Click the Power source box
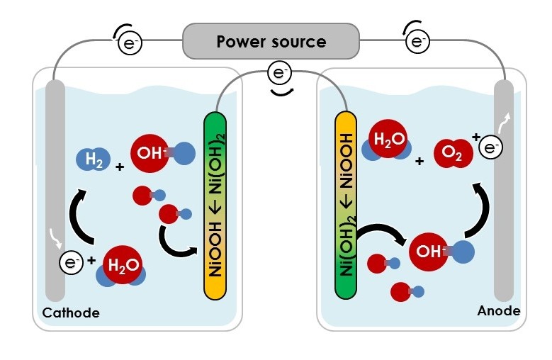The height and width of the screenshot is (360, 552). click(271, 41)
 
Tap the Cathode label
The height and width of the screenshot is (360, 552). click(72, 313)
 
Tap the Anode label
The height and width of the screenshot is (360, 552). click(498, 310)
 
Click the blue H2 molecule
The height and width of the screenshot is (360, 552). click(94, 159)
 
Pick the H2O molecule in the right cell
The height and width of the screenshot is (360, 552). click(387, 141)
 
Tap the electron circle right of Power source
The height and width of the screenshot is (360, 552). click(417, 42)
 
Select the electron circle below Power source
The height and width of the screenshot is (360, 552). click(278, 73)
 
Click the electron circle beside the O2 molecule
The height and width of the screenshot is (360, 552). click(490, 147)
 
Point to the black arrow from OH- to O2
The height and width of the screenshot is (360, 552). click(482, 210)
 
